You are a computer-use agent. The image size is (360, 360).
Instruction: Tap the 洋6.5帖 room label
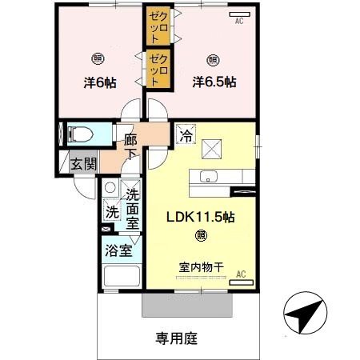(214, 81)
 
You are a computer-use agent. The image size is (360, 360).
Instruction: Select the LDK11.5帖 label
(199, 217)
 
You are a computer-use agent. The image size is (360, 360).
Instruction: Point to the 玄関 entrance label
(83, 164)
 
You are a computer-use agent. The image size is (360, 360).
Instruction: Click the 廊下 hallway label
(131, 146)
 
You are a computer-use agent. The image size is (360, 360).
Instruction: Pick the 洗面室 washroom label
(132, 206)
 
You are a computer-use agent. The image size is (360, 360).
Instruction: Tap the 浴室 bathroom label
(118, 250)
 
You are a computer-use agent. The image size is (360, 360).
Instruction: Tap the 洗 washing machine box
(111, 214)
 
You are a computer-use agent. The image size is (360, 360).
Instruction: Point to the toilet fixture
(82, 134)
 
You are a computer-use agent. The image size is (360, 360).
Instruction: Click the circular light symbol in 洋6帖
(97, 58)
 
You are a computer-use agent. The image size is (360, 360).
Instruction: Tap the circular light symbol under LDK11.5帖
(200, 236)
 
